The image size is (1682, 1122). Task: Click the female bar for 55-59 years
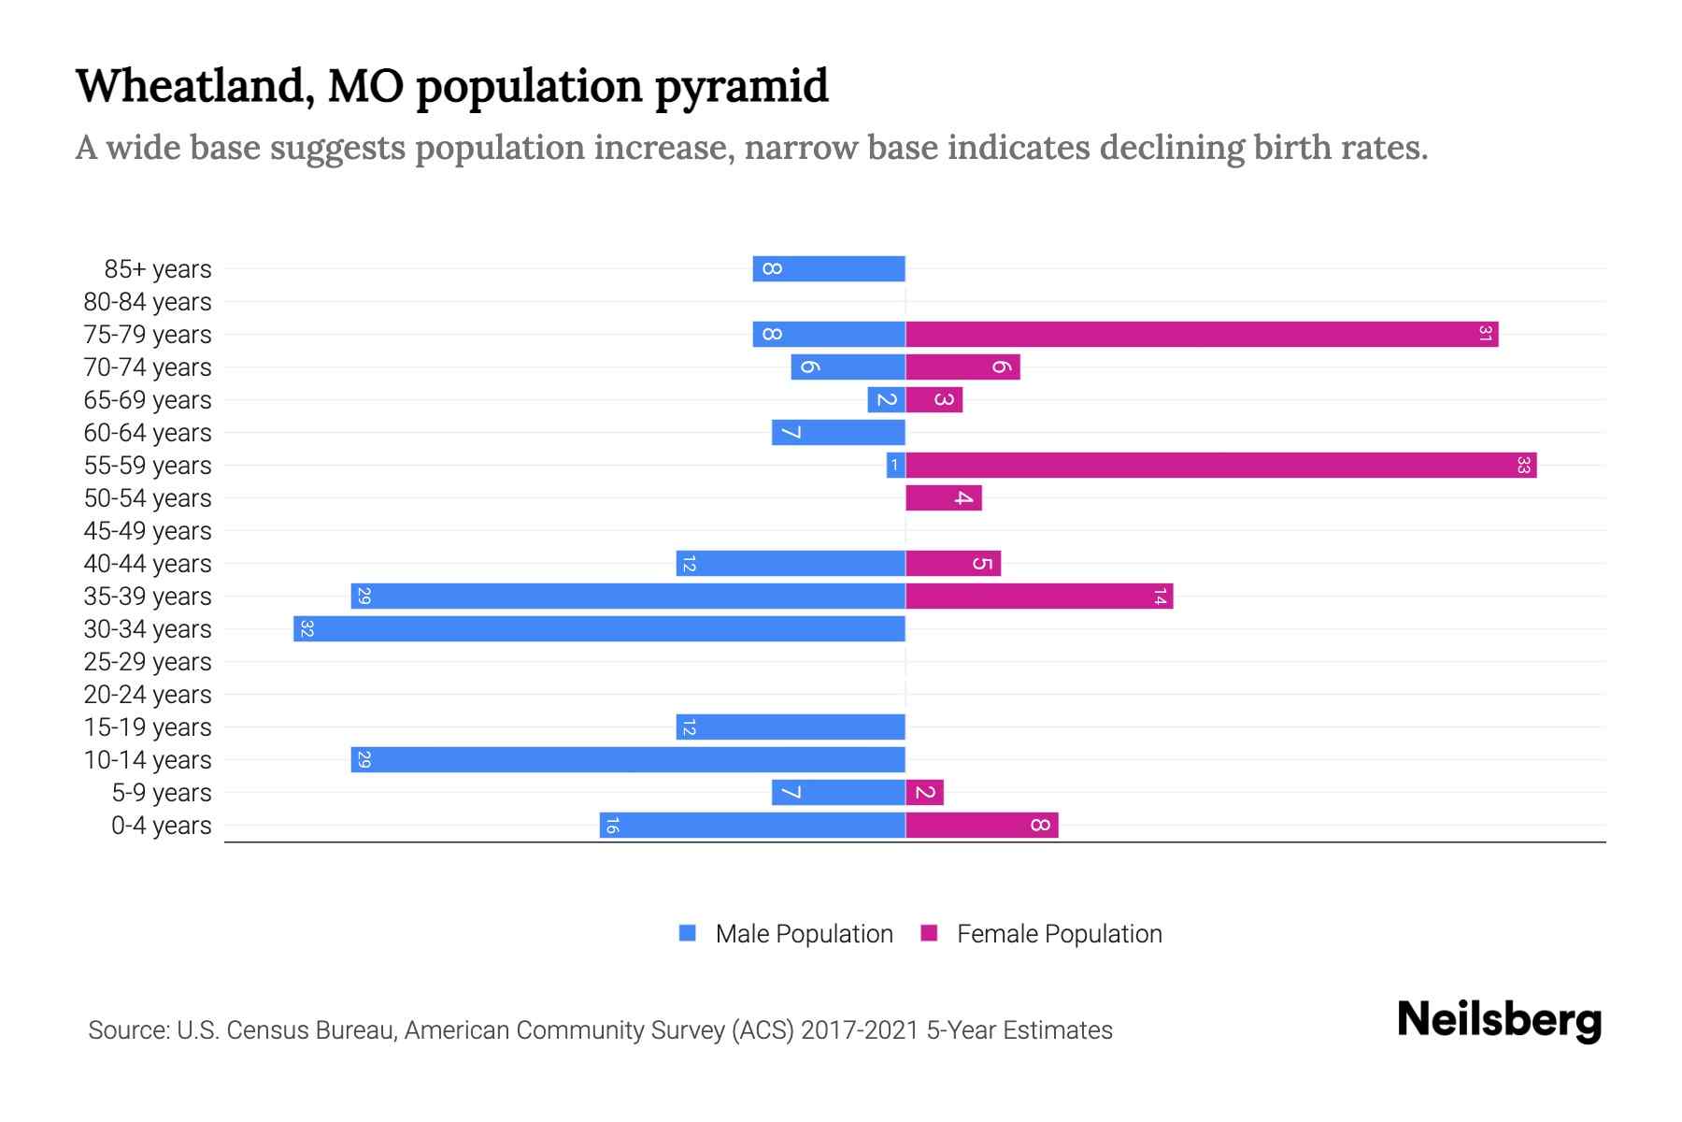tap(1220, 465)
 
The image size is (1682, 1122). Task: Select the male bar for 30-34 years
tap(599, 628)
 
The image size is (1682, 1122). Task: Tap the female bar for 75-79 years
tap(1202, 334)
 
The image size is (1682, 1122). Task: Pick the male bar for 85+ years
tap(829, 268)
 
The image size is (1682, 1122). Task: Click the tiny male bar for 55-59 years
tap(895, 465)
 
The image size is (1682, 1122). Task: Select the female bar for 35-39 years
tap(1039, 596)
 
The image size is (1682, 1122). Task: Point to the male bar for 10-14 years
tap(628, 759)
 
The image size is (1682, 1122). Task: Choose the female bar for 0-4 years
tap(981, 825)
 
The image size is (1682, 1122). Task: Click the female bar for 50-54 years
tap(944, 497)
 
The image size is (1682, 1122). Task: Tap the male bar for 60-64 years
tap(838, 432)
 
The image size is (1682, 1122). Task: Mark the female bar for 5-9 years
tap(924, 792)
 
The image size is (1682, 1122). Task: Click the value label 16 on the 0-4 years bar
tap(611, 825)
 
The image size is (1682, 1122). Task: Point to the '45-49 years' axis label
tap(148, 531)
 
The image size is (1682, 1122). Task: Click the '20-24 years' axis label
tap(148, 695)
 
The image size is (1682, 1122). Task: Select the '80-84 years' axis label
tap(148, 302)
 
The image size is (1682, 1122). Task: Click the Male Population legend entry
tap(786, 933)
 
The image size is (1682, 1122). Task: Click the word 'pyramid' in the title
tap(741, 87)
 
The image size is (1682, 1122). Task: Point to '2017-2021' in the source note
tap(860, 1030)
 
